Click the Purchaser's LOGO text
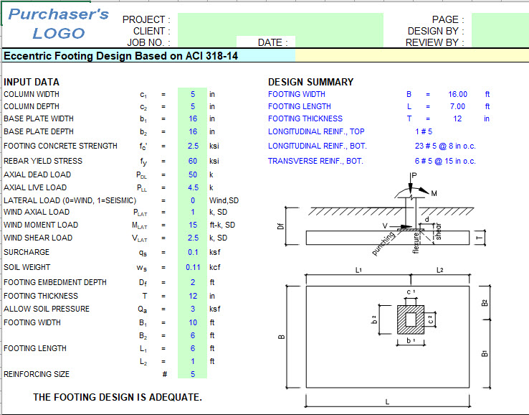point(59,24)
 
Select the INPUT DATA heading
point(32,82)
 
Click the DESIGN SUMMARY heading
point(310,82)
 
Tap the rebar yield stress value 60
point(192,161)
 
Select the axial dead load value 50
point(192,174)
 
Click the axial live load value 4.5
point(192,187)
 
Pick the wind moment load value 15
point(192,225)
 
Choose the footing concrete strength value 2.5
point(192,146)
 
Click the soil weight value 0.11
point(192,266)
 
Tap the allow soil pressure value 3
point(192,309)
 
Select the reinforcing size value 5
point(192,374)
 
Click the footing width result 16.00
point(457,94)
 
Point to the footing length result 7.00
point(458,106)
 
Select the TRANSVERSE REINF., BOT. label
point(315,161)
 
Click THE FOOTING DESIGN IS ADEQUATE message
point(118,397)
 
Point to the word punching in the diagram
point(384,243)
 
